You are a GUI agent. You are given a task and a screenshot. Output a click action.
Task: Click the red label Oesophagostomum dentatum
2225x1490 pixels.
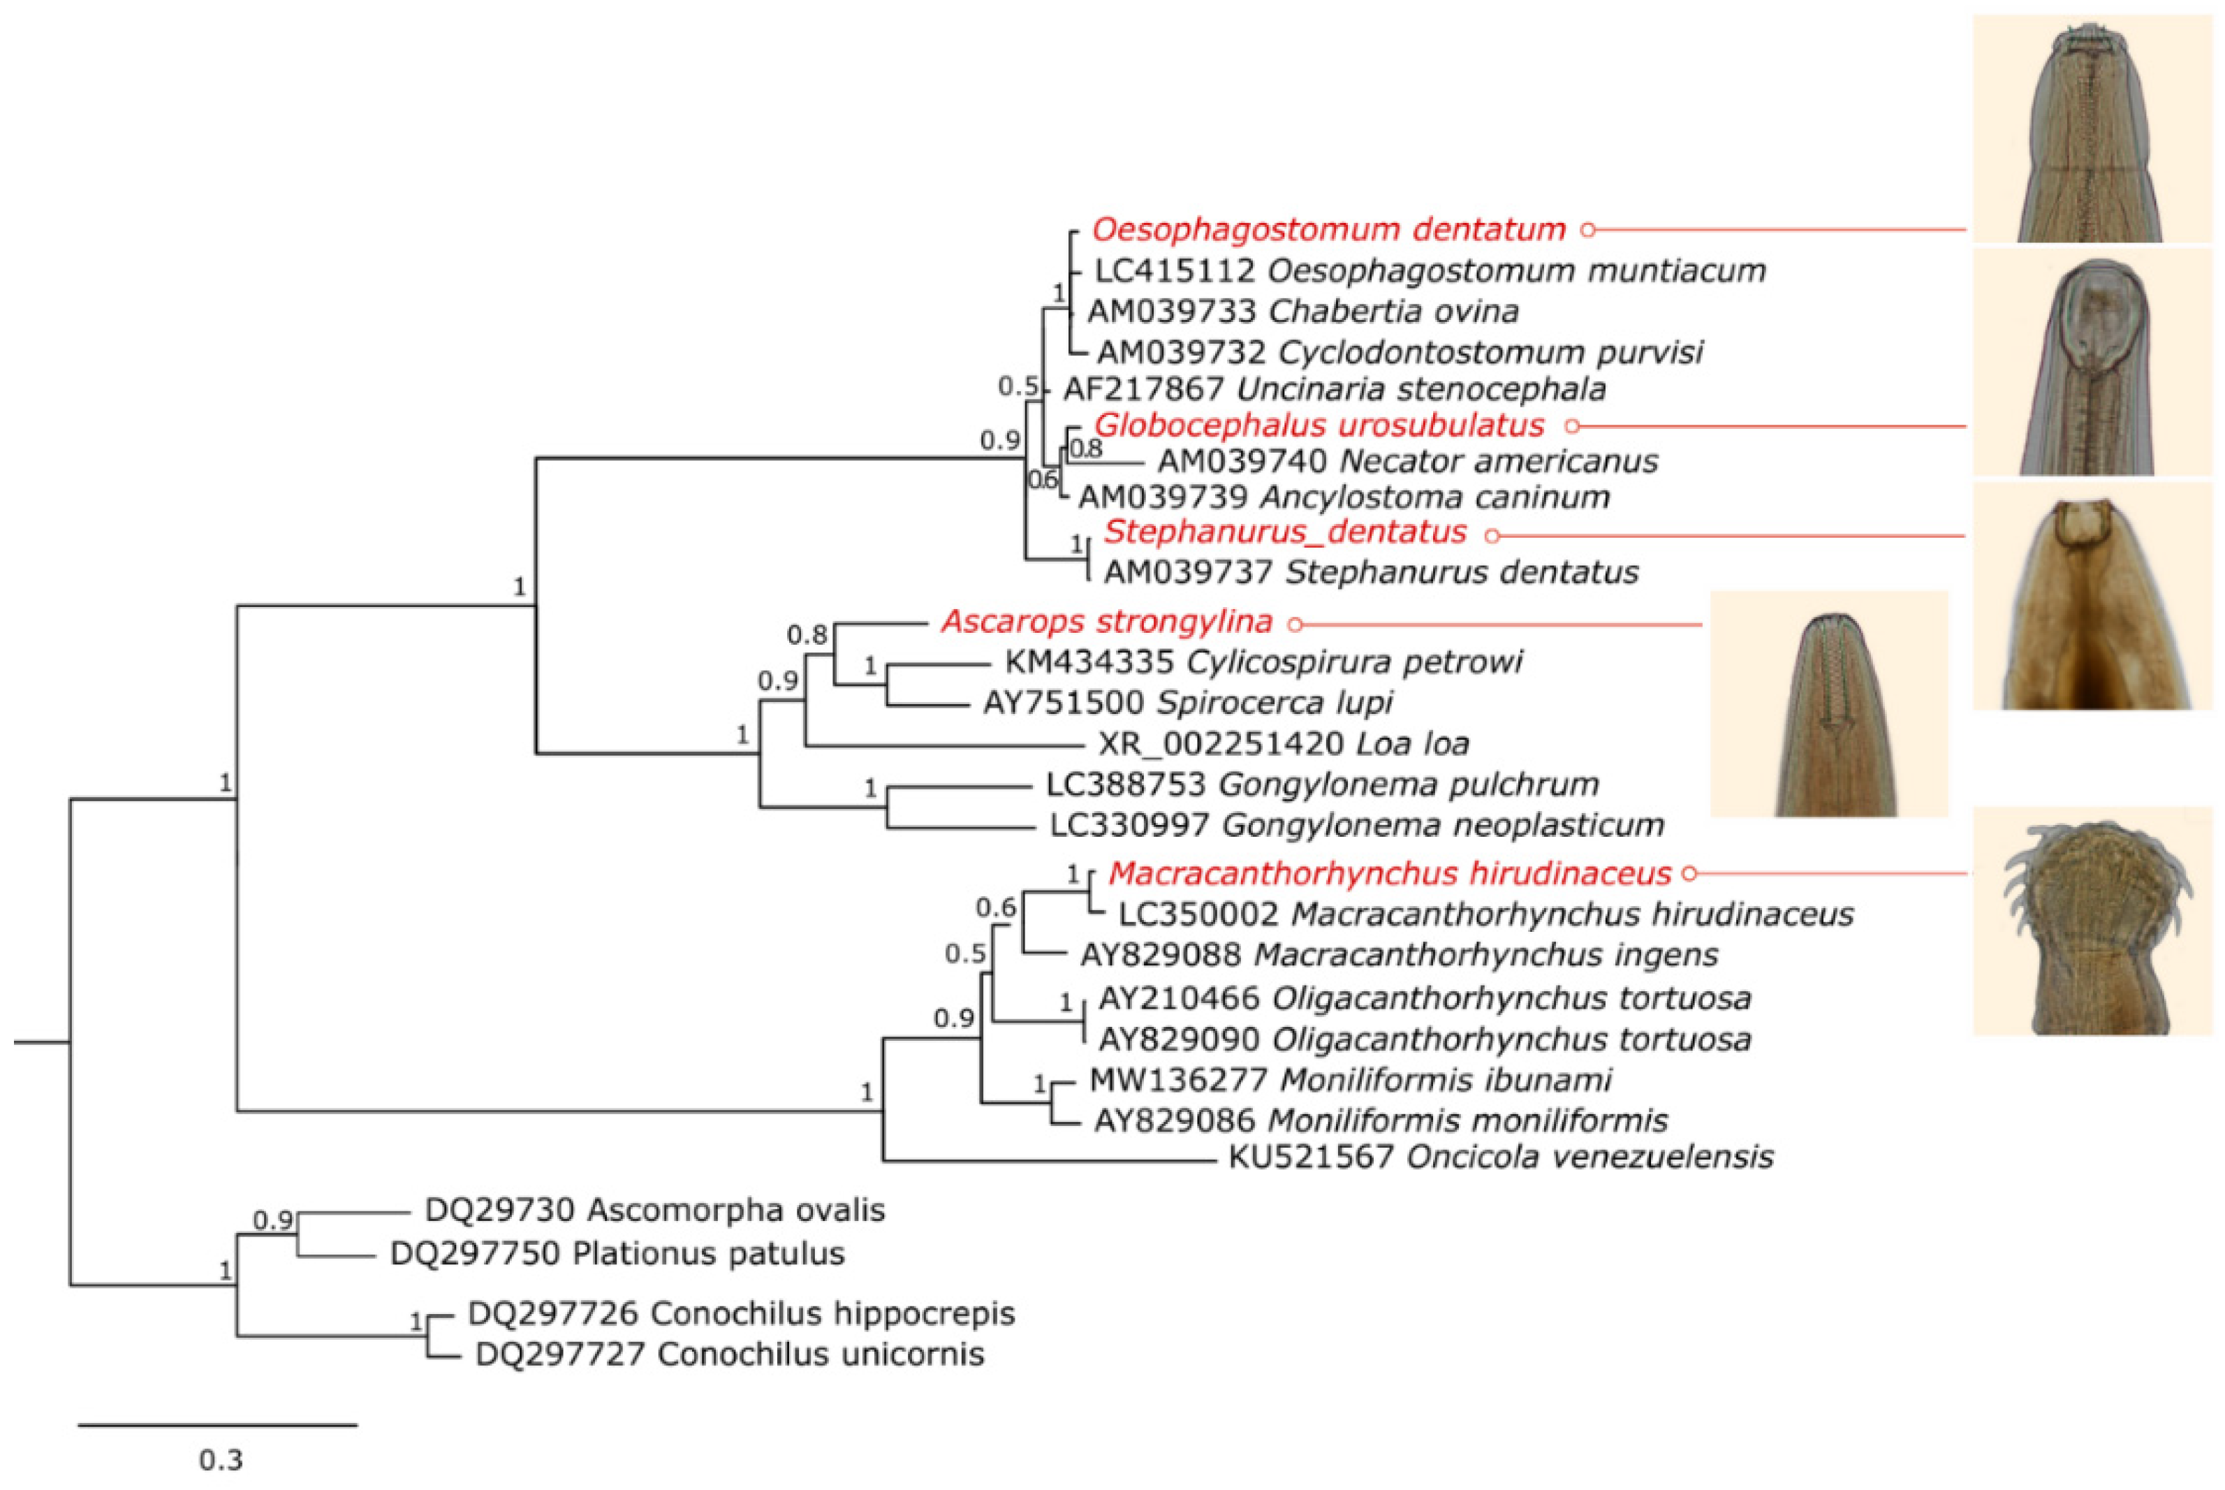point(1328,229)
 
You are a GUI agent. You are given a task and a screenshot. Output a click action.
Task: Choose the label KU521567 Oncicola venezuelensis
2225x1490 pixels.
point(1501,1157)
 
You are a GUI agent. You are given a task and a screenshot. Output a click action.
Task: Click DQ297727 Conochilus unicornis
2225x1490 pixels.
point(728,1354)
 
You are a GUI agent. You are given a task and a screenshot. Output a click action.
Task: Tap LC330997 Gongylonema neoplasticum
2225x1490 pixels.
point(1357,825)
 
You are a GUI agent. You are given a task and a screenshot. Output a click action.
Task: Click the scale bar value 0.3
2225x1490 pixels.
point(221,1459)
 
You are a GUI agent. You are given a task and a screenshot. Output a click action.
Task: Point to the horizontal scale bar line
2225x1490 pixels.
point(218,1424)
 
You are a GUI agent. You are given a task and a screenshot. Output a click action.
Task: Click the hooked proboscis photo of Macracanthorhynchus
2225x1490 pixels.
point(2092,922)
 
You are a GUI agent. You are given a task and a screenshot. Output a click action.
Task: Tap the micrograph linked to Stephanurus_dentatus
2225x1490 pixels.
point(2092,597)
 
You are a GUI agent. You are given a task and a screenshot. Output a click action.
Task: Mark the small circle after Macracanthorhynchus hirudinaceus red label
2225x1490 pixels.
point(1688,873)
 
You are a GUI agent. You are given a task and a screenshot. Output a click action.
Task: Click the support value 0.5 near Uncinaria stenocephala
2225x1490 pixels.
point(1018,387)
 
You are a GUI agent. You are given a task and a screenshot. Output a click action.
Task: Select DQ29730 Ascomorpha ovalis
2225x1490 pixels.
point(654,1211)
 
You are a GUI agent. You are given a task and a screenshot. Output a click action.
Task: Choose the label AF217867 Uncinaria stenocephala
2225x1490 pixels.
point(1335,388)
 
